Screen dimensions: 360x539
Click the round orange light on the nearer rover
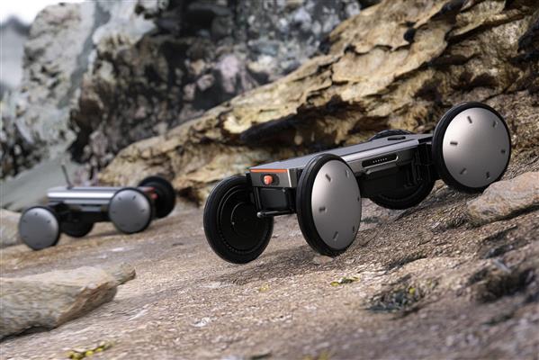click(267, 179)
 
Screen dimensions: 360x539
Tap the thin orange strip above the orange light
click(268, 169)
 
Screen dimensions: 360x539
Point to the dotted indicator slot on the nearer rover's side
click(380, 161)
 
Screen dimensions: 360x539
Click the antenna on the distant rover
click(66, 175)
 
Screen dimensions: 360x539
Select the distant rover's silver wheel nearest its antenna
click(39, 228)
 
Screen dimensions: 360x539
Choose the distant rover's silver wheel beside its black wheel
click(130, 211)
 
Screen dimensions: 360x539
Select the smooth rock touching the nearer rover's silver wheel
click(504, 196)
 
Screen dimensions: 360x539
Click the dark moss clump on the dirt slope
click(396, 297)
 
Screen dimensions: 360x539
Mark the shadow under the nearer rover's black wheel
click(270, 259)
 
